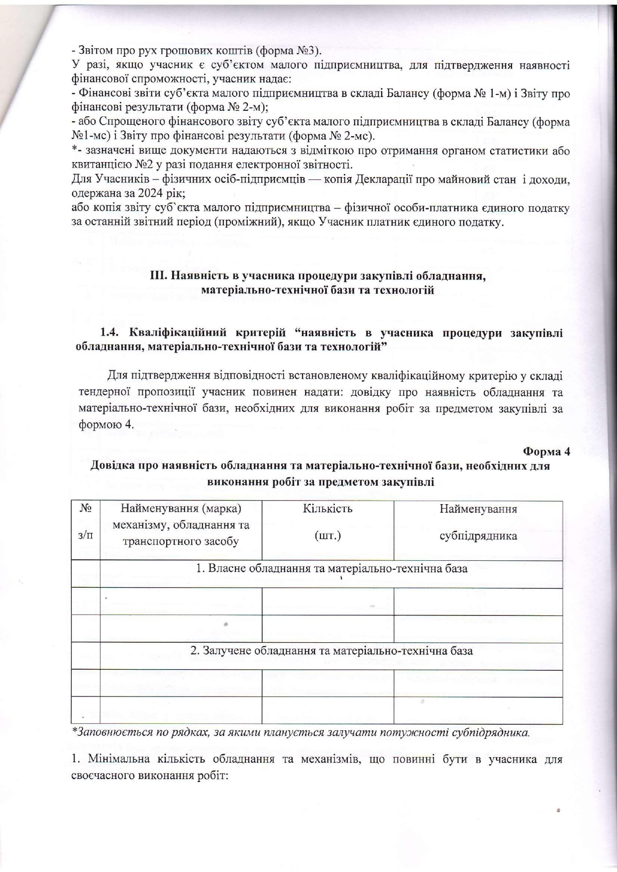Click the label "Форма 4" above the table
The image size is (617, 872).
coord(546,451)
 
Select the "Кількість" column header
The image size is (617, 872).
coord(327,509)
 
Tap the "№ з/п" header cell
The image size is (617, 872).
coord(86,522)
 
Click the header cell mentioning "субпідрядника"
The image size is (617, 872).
coord(478,535)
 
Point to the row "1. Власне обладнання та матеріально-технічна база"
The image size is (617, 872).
coord(332,568)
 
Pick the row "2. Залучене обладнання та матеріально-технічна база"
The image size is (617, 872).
coord(332,651)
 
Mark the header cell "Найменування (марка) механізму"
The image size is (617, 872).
coord(181,522)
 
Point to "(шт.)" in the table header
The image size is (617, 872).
coord(327,536)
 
